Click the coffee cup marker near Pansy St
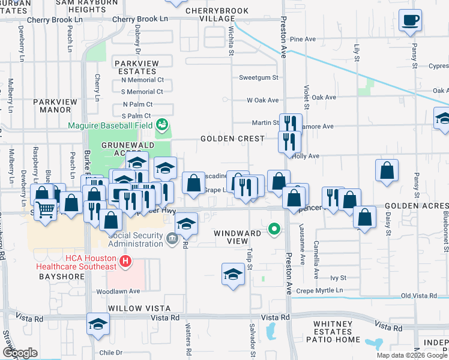coord(411,22)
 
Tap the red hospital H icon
coord(125,261)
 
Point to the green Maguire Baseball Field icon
coord(161,125)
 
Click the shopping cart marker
coord(46,210)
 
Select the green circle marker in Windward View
coord(274,229)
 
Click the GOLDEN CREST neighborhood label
coord(232,139)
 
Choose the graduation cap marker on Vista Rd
coord(98,324)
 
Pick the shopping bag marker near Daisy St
coord(387,170)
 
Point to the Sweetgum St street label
coord(259,77)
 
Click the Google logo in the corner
coord(20,353)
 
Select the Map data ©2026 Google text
coord(412,355)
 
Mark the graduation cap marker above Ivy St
coord(233,275)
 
